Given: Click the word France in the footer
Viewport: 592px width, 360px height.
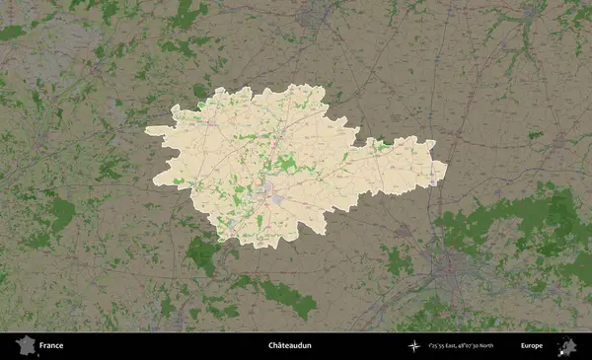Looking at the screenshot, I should coord(51,346).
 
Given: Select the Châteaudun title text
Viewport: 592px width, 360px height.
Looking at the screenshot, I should coord(288,346).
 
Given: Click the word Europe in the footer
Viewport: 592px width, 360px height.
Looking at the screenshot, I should coord(532,346).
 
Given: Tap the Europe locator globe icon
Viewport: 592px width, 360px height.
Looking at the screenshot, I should coord(566,346).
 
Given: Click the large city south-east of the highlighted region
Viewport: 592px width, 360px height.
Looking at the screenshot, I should coord(449,263).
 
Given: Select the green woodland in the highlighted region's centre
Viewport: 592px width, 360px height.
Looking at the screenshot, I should coord(285,163).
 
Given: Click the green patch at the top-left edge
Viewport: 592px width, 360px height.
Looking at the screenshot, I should coord(12,33).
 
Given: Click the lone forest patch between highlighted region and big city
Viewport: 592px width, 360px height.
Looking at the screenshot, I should coord(398,261).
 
